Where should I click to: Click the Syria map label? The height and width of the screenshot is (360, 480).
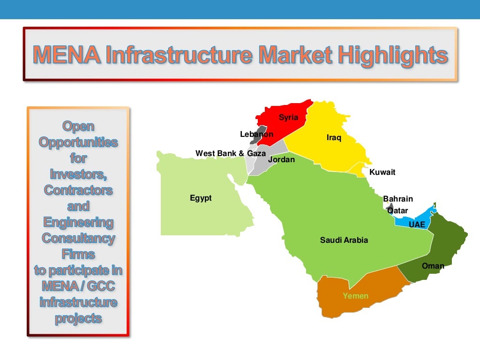tap(288, 117)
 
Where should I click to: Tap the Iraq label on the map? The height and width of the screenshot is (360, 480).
tap(334, 138)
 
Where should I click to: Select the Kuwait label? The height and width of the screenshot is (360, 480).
tap(382, 172)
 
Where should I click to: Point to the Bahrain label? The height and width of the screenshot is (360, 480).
tap(397, 199)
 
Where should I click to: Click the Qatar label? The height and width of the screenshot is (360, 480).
tap(397, 210)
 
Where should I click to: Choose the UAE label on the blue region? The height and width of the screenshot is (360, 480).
tap(417, 225)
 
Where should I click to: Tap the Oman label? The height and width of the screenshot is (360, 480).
tap(433, 266)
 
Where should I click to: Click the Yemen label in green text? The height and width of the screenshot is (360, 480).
tap(355, 296)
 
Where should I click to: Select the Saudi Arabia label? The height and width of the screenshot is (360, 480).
tap(344, 240)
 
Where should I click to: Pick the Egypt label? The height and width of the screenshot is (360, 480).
tap(201, 198)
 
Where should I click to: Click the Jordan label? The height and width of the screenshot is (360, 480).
tap(281, 159)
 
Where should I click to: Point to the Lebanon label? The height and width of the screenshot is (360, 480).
tap(256, 134)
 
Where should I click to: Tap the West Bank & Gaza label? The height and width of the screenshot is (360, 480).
tap(230, 153)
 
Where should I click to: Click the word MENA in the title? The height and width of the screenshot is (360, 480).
tap(67, 55)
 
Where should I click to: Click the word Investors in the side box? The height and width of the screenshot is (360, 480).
tap(78, 174)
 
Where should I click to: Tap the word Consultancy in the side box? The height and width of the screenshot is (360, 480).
tap(78, 238)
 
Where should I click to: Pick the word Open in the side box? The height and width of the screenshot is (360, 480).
tap(78, 126)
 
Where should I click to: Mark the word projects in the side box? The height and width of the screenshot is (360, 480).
tap(78, 318)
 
